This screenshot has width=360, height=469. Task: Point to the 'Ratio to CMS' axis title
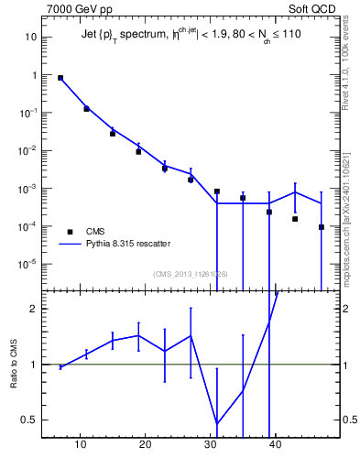(14, 365)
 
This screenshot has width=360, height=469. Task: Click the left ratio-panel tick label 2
(34, 309)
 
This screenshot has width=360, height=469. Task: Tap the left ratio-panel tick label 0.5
(29, 420)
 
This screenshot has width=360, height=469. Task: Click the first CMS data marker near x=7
(60, 78)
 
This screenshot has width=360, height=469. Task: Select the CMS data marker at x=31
(216, 191)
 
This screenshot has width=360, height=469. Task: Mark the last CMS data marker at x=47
(322, 227)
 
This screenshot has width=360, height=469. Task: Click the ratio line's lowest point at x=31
(216, 424)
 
